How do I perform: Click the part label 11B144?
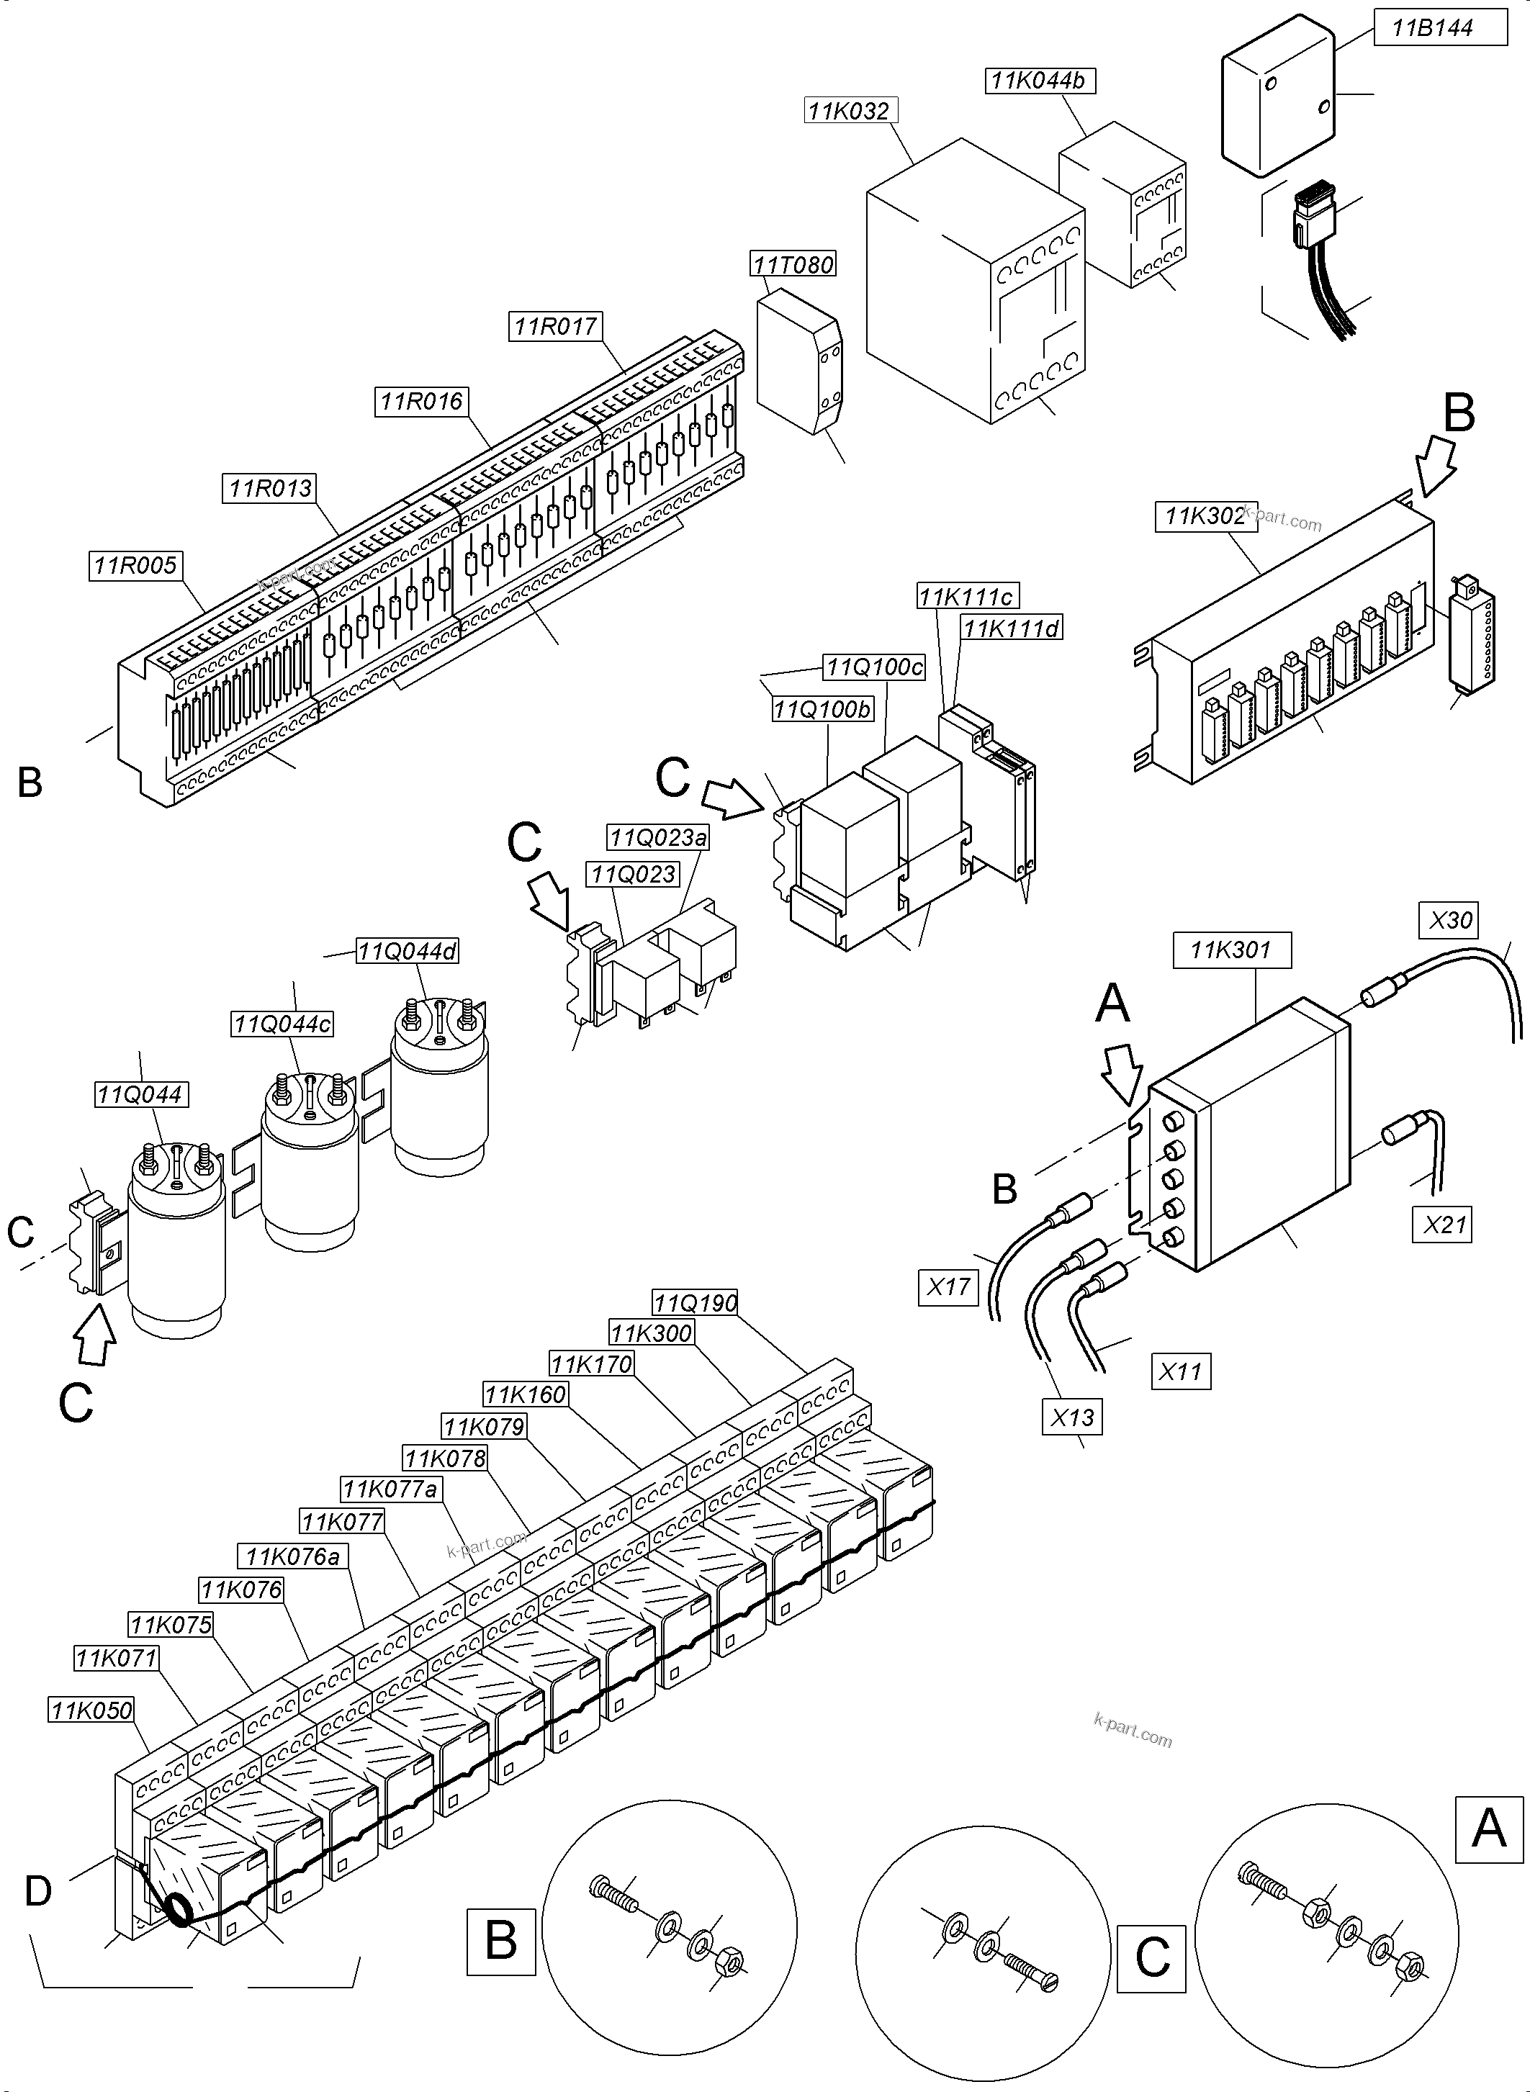tap(1433, 29)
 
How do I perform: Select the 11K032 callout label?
tap(850, 111)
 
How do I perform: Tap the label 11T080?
tap(793, 265)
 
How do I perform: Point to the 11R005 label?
tap(136, 566)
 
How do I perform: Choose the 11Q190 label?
tap(696, 1304)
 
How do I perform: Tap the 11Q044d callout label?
tap(408, 951)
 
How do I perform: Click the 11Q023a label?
tap(657, 838)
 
